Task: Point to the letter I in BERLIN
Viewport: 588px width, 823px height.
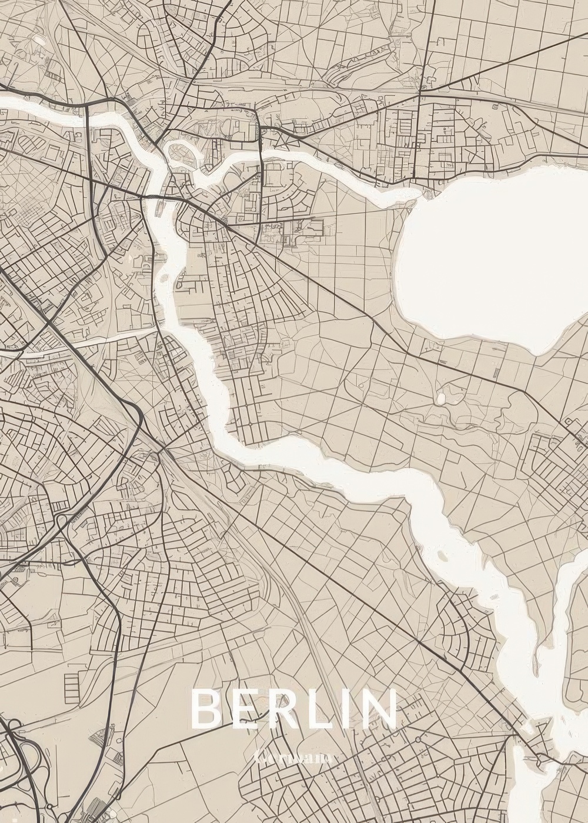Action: (x=352, y=709)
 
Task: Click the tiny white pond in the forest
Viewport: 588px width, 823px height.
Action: (x=441, y=399)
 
